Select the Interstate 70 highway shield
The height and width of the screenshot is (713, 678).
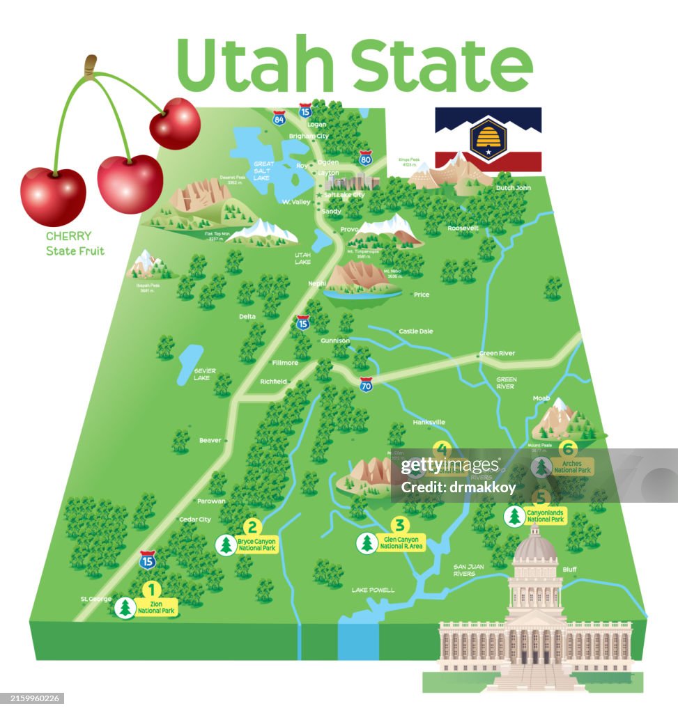[x=367, y=384]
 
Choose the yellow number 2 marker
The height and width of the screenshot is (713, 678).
[x=252, y=527]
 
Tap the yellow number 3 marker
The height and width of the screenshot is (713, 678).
[x=399, y=524]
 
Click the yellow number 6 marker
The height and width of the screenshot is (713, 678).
[x=568, y=449]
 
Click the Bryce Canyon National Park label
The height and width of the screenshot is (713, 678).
[x=256, y=544]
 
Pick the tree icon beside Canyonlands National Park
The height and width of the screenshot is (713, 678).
[x=514, y=516]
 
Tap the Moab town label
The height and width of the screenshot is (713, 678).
[x=541, y=398]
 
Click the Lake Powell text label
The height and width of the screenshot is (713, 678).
[x=373, y=590]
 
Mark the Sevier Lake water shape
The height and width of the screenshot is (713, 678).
[x=189, y=364]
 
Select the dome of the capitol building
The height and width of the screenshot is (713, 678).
[x=534, y=547]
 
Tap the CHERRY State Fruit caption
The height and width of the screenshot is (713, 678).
[x=75, y=244]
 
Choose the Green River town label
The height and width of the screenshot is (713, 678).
[x=498, y=353]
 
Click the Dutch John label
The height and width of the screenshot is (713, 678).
[x=513, y=188]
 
